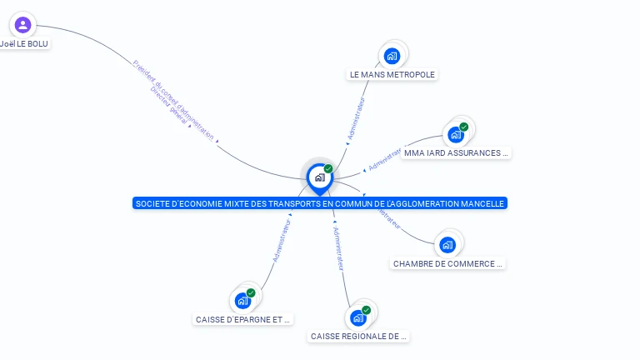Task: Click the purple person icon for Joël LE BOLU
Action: (x=22, y=25)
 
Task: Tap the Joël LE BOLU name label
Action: (x=24, y=43)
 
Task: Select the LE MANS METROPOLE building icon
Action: (x=392, y=56)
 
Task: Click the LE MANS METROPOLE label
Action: (x=392, y=74)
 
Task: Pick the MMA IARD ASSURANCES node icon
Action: (x=456, y=134)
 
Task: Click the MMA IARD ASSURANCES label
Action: (x=455, y=153)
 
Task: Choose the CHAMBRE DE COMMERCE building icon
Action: (x=447, y=245)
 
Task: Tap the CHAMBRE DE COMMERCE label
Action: (x=447, y=264)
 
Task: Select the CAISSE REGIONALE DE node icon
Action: (x=358, y=317)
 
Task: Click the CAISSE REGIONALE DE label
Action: (x=358, y=337)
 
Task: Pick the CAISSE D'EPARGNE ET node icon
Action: (x=243, y=300)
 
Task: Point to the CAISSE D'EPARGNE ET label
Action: (x=243, y=319)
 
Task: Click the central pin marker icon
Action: (x=319, y=177)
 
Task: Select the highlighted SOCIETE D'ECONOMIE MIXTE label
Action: (x=319, y=203)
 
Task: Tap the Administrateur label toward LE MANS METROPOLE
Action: (x=357, y=117)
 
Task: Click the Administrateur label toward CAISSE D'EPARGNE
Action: (x=282, y=241)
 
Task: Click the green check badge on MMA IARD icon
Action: (x=464, y=127)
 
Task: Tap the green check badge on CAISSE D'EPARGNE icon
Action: (x=251, y=292)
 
